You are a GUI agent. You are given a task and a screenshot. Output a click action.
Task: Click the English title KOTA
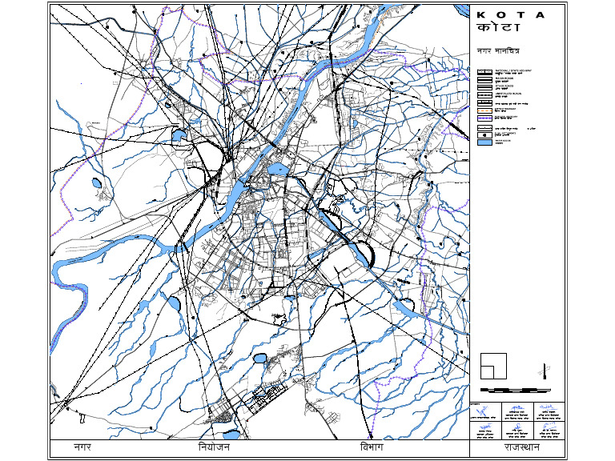510,15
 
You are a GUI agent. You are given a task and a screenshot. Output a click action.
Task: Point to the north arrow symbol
545,371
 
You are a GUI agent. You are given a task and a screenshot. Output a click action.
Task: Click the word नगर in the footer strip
82,447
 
